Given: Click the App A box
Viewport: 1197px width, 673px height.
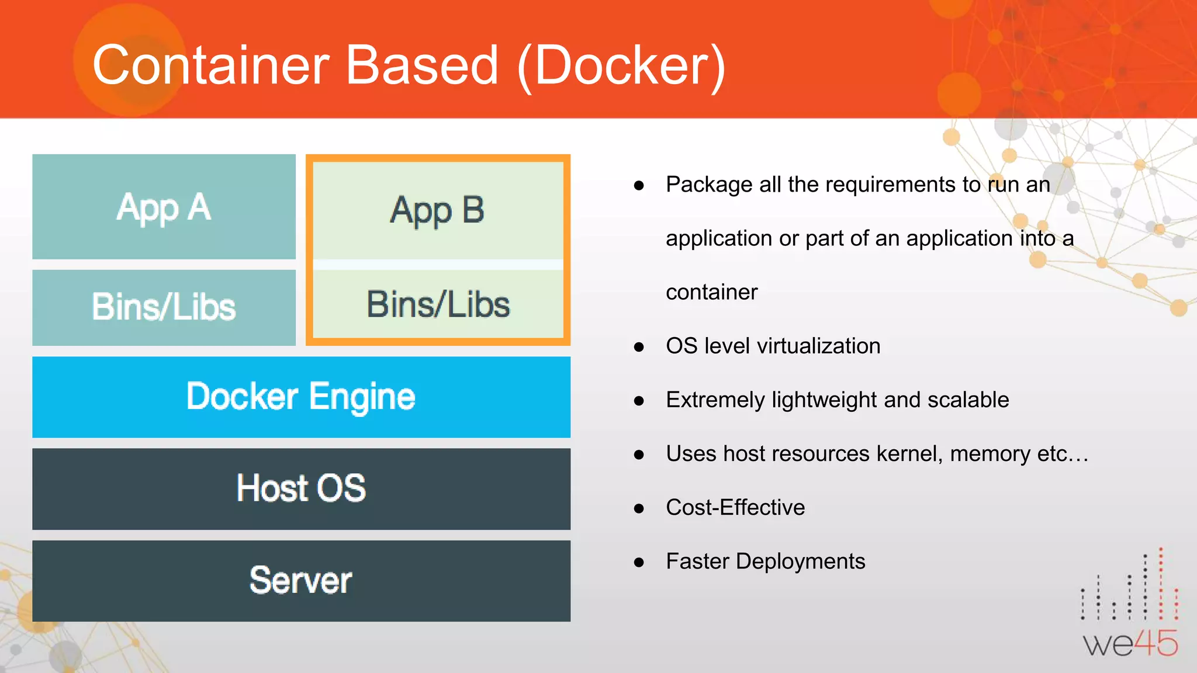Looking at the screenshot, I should click(x=164, y=206).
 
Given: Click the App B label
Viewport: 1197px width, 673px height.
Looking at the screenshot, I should click(x=437, y=210).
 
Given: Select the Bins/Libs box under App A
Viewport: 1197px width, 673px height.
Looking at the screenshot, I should click(x=164, y=307).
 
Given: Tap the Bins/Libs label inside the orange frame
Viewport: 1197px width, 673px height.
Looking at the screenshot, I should click(x=438, y=304).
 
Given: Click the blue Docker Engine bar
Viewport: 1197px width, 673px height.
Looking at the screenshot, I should click(x=301, y=397).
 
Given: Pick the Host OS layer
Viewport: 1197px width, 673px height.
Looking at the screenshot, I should click(x=301, y=488).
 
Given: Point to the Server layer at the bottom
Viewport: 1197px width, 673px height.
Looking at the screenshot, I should click(x=301, y=580).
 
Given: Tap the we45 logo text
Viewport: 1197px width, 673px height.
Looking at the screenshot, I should click(x=1130, y=644).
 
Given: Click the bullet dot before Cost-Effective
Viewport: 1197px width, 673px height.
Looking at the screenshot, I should click(x=639, y=508).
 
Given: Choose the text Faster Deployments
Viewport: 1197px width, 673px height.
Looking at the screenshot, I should click(x=765, y=561).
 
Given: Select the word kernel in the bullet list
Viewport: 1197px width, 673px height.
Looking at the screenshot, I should click(x=909, y=454).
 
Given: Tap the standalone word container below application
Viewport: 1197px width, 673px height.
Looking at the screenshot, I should click(x=711, y=292).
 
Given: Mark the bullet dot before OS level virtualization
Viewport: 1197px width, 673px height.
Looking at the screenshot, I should click(x=639, y=347).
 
